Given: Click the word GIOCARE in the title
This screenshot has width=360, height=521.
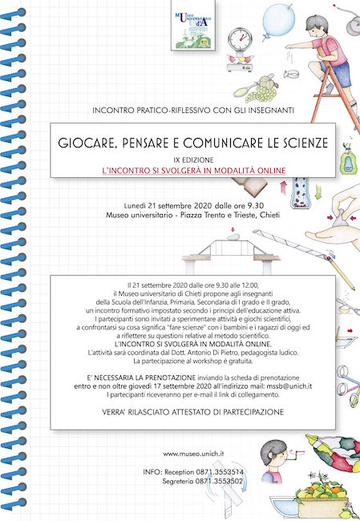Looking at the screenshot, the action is tap(87, 143).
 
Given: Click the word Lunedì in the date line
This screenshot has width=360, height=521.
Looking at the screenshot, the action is tap(128, 204).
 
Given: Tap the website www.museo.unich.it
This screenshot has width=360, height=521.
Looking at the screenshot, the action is tap(192, 454).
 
